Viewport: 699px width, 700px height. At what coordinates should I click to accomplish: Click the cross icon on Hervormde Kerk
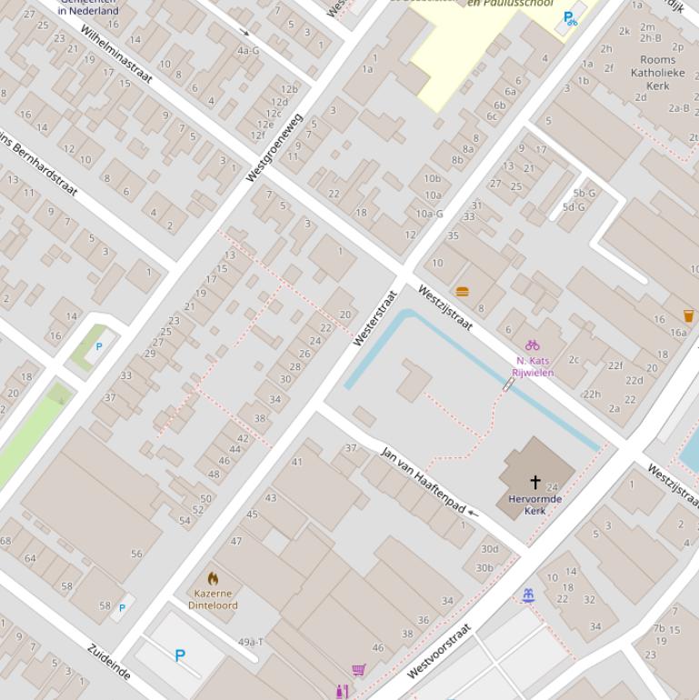click(535, 483)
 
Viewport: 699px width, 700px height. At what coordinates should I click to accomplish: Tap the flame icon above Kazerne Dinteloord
click(213, 579)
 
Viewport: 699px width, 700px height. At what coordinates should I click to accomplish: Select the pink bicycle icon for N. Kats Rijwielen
click(532, 345)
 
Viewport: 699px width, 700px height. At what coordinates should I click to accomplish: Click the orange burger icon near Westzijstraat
click(462, 292)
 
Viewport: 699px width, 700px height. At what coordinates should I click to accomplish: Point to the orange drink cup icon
click(688, 316)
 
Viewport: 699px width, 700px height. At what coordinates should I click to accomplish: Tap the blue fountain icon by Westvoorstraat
click(527, 595)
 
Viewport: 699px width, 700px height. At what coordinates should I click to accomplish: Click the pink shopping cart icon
click(359, 670)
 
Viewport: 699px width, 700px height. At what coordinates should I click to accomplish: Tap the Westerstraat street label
click(375, 318)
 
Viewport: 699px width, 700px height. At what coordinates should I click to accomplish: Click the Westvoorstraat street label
click(439, 651)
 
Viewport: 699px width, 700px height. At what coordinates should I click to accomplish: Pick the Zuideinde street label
click(109, 661)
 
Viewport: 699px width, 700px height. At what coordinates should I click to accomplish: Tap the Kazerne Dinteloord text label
click(213, 599)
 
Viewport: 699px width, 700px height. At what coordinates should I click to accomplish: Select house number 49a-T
click(251, 642)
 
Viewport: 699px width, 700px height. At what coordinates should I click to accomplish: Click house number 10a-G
click(429, 214)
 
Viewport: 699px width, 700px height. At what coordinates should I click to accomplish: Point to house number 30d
click(489, 548)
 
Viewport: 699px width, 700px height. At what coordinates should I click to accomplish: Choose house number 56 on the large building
click(136, 554)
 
